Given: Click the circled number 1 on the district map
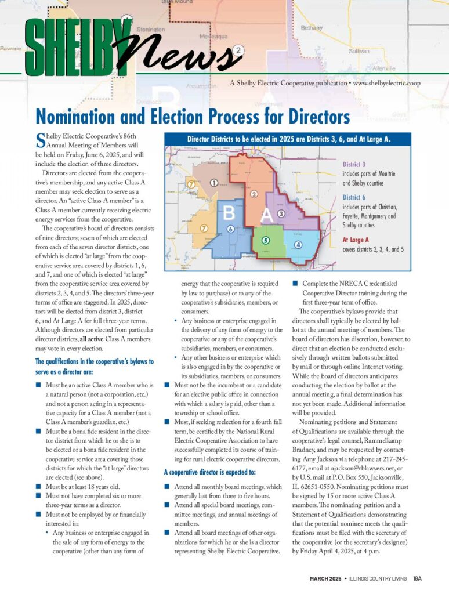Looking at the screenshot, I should (214, 183).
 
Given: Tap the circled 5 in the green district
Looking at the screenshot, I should (265, 240).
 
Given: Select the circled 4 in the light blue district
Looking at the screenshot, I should (298, 244).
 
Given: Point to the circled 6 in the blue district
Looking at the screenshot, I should (230, 229).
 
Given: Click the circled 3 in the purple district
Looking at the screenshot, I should (281, 213).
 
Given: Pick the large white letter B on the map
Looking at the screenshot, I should (229, 213).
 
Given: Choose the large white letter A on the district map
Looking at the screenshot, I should (266, 216).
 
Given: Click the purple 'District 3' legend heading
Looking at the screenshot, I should (354, 165).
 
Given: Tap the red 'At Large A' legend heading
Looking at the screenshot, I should (356, 239).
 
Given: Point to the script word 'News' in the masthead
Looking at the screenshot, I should (186, 56).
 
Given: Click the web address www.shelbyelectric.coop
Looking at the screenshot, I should (386, 83).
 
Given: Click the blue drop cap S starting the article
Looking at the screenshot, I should (40, 139).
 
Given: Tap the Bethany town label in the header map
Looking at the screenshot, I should (312, 28).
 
